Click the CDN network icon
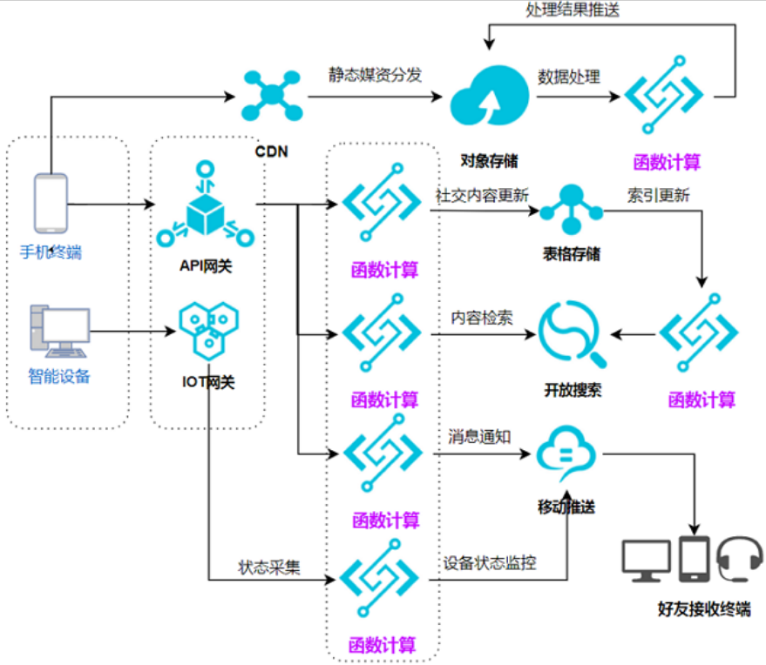[x=272, y=96]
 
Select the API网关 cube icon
[x=205, y=205]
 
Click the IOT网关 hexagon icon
[x=208, y=330]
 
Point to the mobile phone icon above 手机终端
[x=51, y=204]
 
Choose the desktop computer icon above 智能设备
[x=59, y=332]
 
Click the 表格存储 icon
[x=571, y=209]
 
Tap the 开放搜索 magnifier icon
[x=572, y=334]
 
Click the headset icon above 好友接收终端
[x=740, y=559]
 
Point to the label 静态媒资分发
[x=375, y=75]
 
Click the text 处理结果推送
[x=573, y=10]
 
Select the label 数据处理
[x=569, y=77]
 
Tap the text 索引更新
[x=658, y=196]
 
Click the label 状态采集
[x=269, y=568]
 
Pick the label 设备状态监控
[x=490, y=563]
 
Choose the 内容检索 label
[x=482, y=318]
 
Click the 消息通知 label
[x=479, y=437]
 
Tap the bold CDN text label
[x=272, y=151]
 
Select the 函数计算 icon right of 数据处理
[x=664, y=95]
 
